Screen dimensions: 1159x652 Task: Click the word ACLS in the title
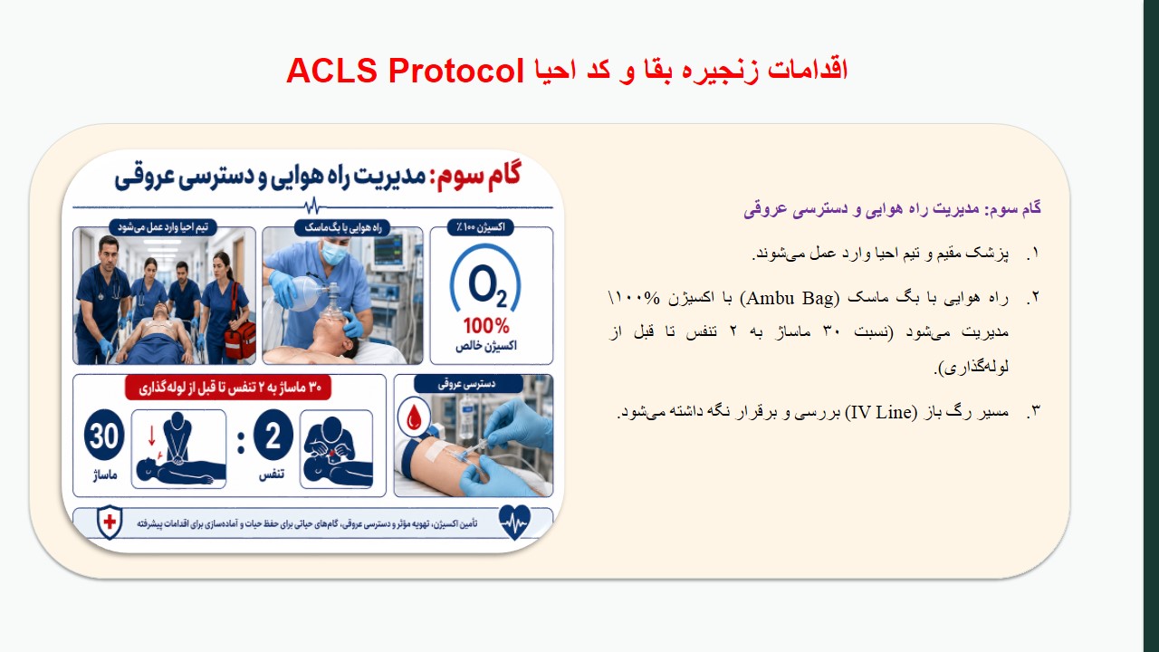(331, 71)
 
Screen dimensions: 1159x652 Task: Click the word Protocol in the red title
(456, 71)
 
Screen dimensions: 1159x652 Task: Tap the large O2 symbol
(487, 285)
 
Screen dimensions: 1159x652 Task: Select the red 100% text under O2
(486, 326)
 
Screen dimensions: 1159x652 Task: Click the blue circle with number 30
(104, 435)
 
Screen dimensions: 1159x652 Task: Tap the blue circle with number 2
(273, 435)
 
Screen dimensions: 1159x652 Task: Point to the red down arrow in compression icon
(151, 436)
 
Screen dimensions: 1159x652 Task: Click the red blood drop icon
(414, 417)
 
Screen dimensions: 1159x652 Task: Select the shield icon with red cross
(110, 523)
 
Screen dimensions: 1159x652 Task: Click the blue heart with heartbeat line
(514, 523)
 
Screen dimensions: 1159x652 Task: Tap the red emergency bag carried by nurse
(240, 340)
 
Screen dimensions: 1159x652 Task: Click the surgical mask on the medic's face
(335, 249)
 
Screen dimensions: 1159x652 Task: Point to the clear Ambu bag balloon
(303, 292)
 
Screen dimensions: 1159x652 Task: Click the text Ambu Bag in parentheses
(790, 298)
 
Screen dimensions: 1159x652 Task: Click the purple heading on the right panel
(892, 209)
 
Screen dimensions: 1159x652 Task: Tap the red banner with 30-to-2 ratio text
(228, 388)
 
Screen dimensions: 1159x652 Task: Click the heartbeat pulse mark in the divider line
(312, 206)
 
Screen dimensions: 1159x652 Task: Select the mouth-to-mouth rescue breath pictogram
(336, 448)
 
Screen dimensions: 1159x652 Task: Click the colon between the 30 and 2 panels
(241, 443)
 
